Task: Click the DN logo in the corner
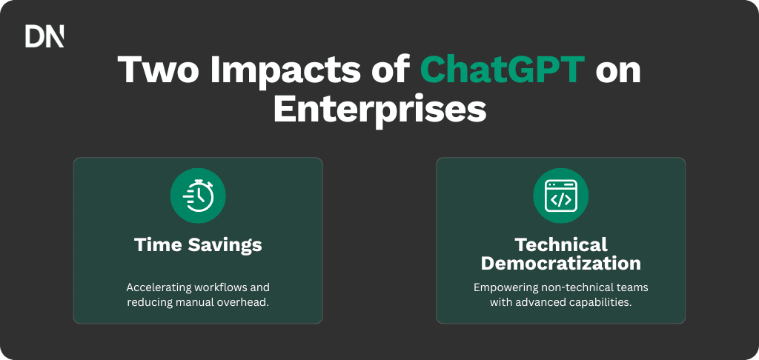coord(44,36)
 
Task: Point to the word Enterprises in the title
coord(379,110)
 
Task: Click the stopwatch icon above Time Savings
coord(198,196)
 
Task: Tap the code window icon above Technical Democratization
coord(560,196)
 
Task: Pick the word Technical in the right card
coord(560,244)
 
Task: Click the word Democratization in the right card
coord(560,263)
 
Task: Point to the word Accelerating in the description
coord(159,287)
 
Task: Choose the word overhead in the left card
coord(244,302)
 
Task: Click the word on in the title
coord(618,71)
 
